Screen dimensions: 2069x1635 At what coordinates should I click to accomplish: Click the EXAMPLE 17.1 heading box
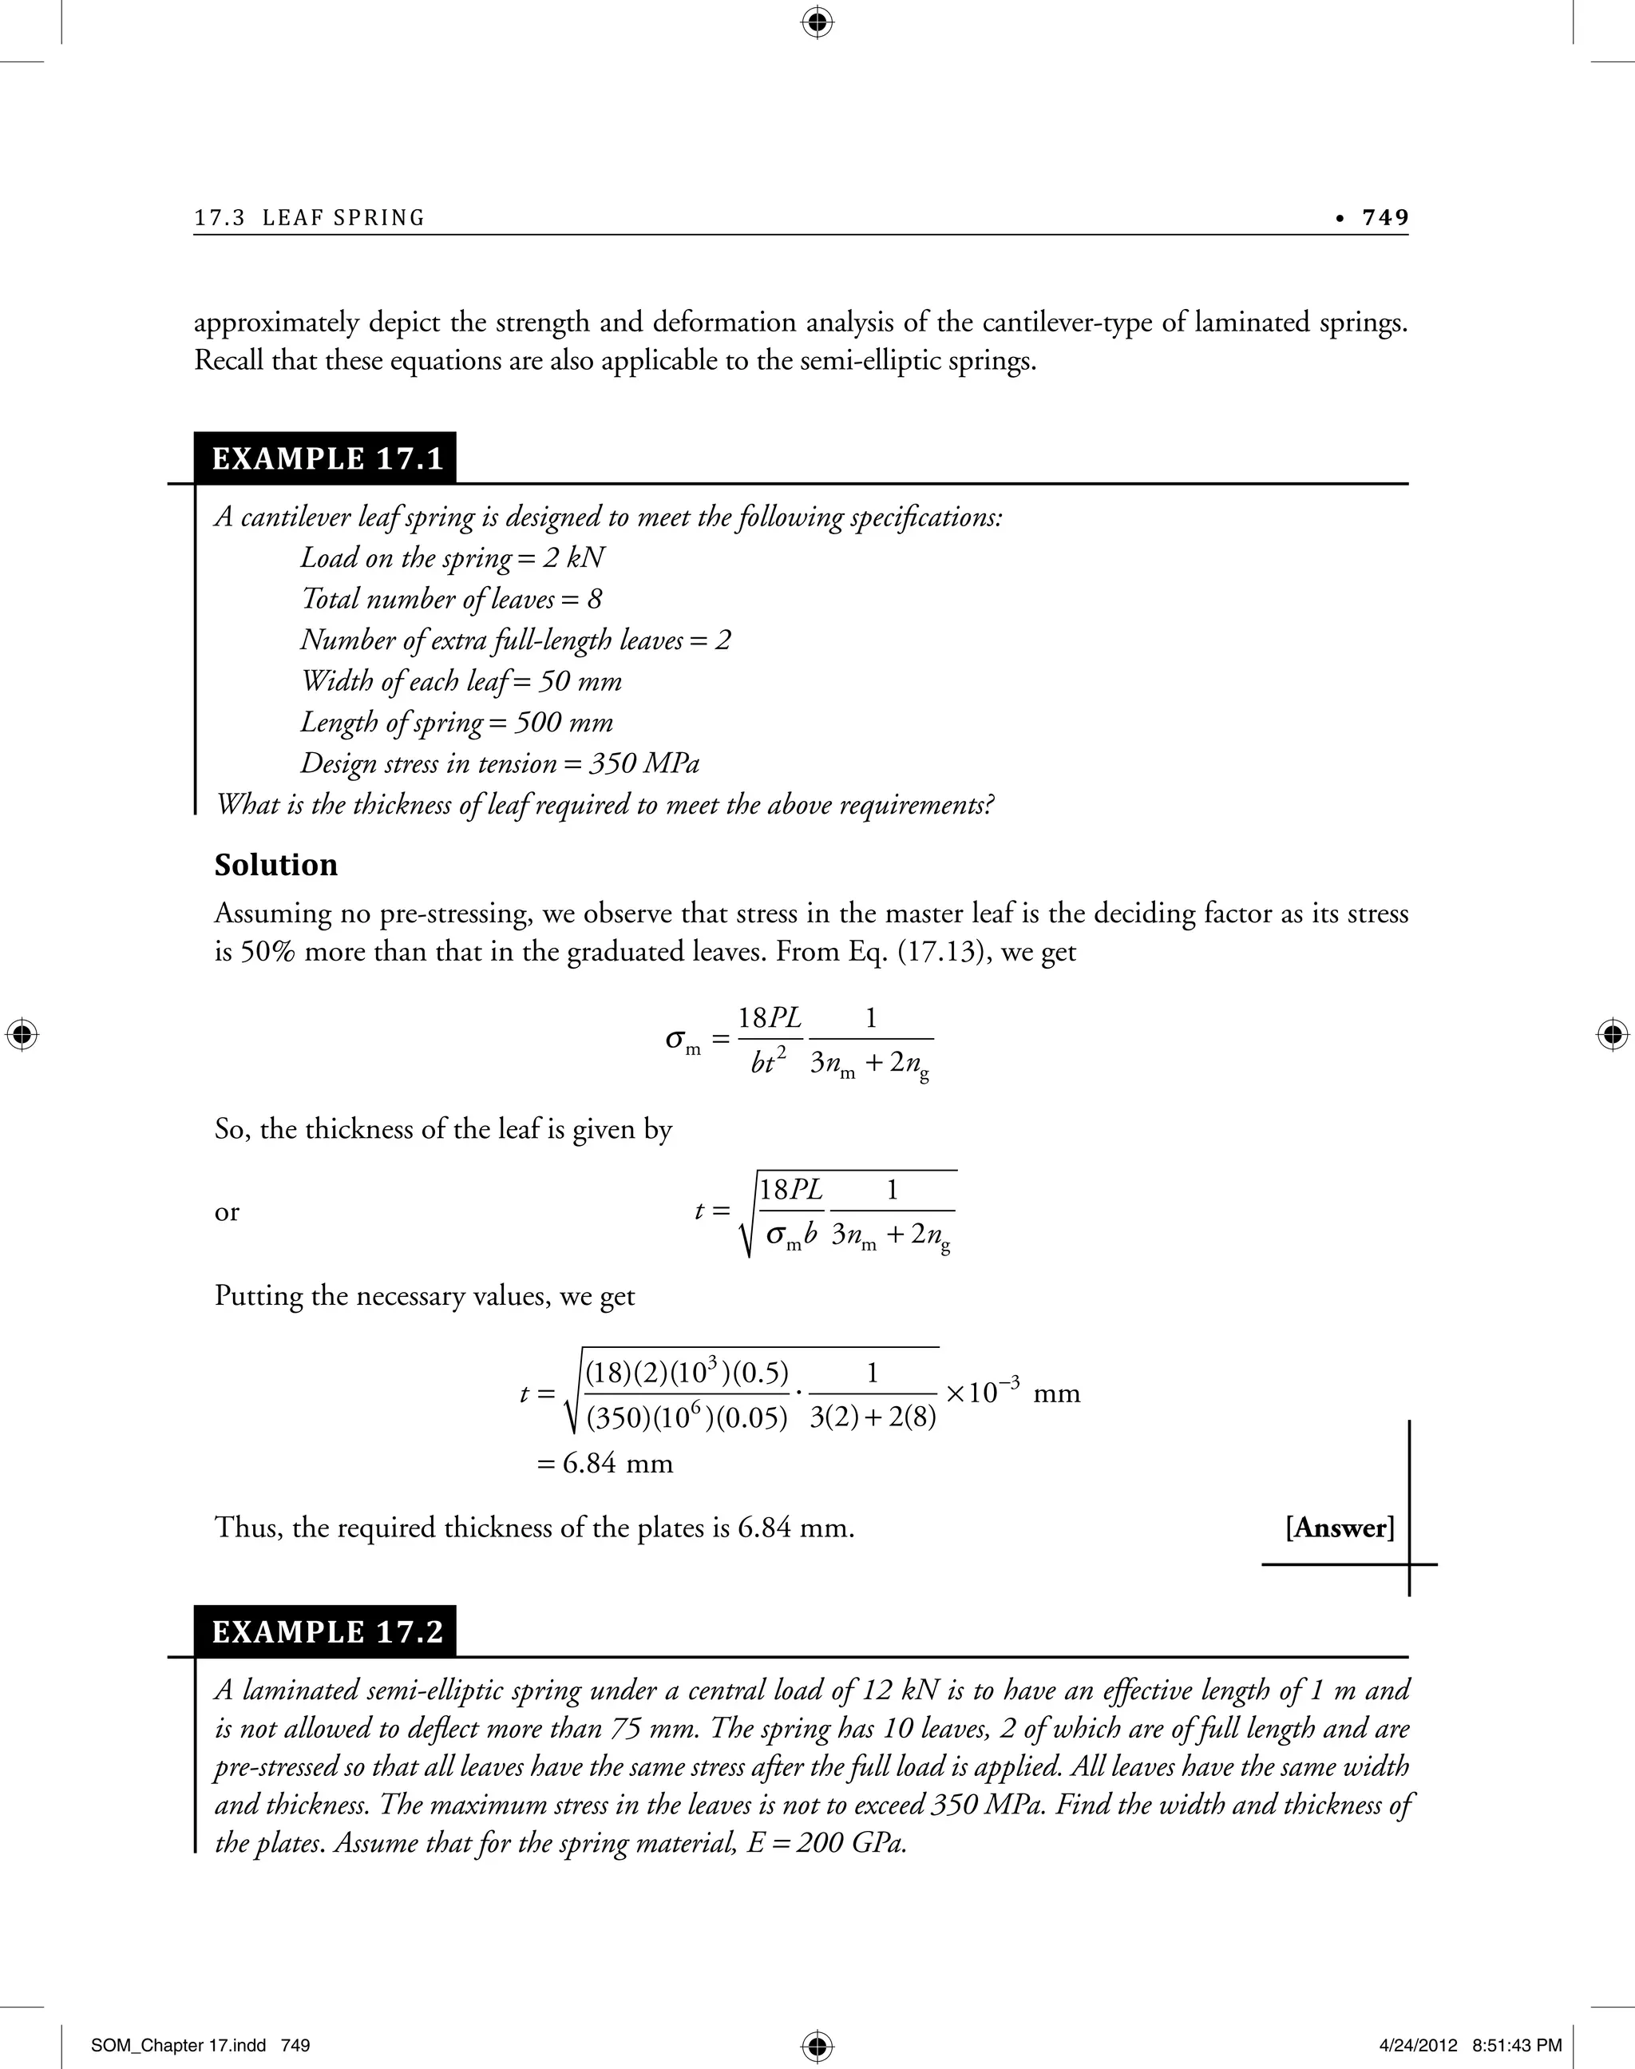(327, 458)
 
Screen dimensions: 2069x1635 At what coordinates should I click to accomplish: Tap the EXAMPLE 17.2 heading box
(327, 1631)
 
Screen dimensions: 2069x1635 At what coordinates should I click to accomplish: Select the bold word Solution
(275, 865)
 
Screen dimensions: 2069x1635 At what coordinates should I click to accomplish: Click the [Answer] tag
(1339, 1527)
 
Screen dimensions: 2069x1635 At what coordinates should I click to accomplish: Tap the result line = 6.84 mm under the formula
(605, 1463)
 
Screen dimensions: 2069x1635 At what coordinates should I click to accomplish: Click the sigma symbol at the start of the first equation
(677, 1040)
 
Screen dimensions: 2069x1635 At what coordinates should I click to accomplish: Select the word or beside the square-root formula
(227, 1212)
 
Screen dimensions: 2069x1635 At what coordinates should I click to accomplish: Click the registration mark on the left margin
(21, 1035)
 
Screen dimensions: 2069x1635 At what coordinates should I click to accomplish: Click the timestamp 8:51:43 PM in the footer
(1518, 2046)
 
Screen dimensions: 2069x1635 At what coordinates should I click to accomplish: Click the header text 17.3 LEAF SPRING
(309, 218)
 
